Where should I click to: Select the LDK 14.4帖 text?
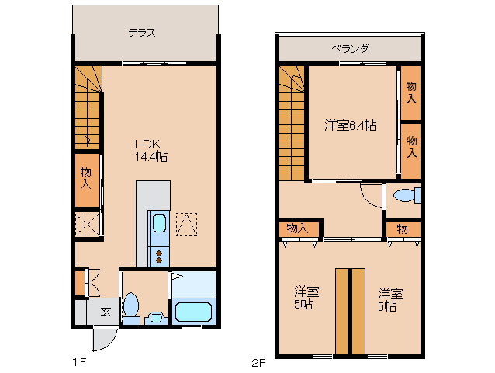151,150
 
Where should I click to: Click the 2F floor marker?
258,362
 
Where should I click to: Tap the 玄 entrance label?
105,312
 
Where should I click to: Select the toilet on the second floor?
405,194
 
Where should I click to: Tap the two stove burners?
158,255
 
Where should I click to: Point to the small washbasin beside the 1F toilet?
155,317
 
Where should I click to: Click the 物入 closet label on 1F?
86,180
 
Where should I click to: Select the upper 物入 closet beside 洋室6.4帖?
410,93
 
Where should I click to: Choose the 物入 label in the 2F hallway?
298,228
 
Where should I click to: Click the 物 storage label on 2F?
403,228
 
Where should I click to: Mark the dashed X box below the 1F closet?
87,225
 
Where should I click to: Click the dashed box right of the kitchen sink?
187,225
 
